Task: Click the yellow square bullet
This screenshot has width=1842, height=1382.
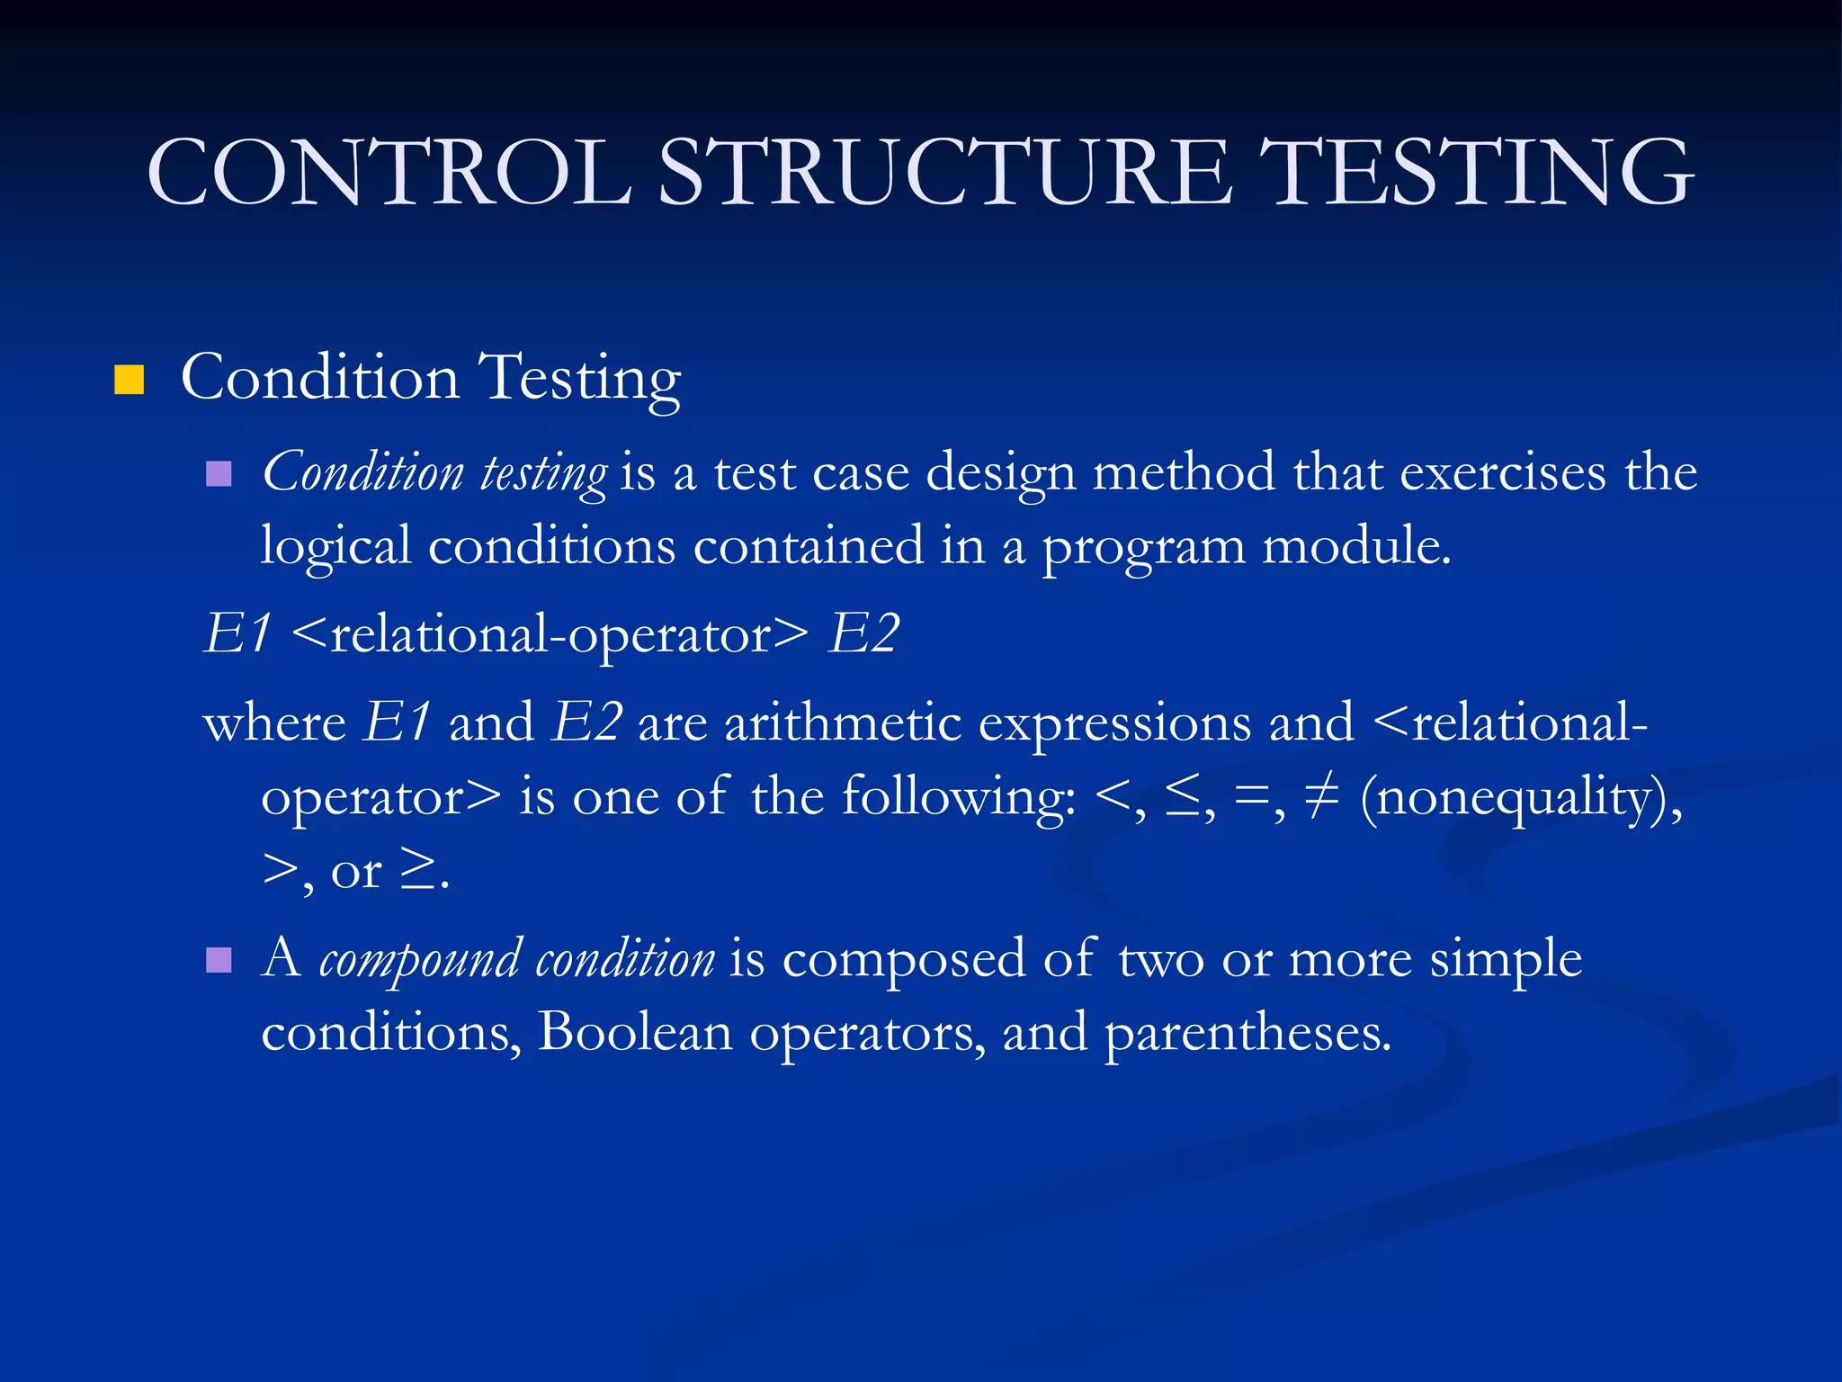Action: (130, 381)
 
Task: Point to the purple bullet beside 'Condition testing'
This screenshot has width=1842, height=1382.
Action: (219, 473)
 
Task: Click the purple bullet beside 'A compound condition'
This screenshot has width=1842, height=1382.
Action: (219, 961)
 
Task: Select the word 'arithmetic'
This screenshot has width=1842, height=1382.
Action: (843, 722)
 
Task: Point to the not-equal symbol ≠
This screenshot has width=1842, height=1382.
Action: (1321, 795)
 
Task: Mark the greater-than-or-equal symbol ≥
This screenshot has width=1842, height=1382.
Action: (418, 870)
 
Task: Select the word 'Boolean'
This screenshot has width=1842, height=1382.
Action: (635, 1032)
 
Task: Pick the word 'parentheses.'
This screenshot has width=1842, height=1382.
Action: (1247, 1034)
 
